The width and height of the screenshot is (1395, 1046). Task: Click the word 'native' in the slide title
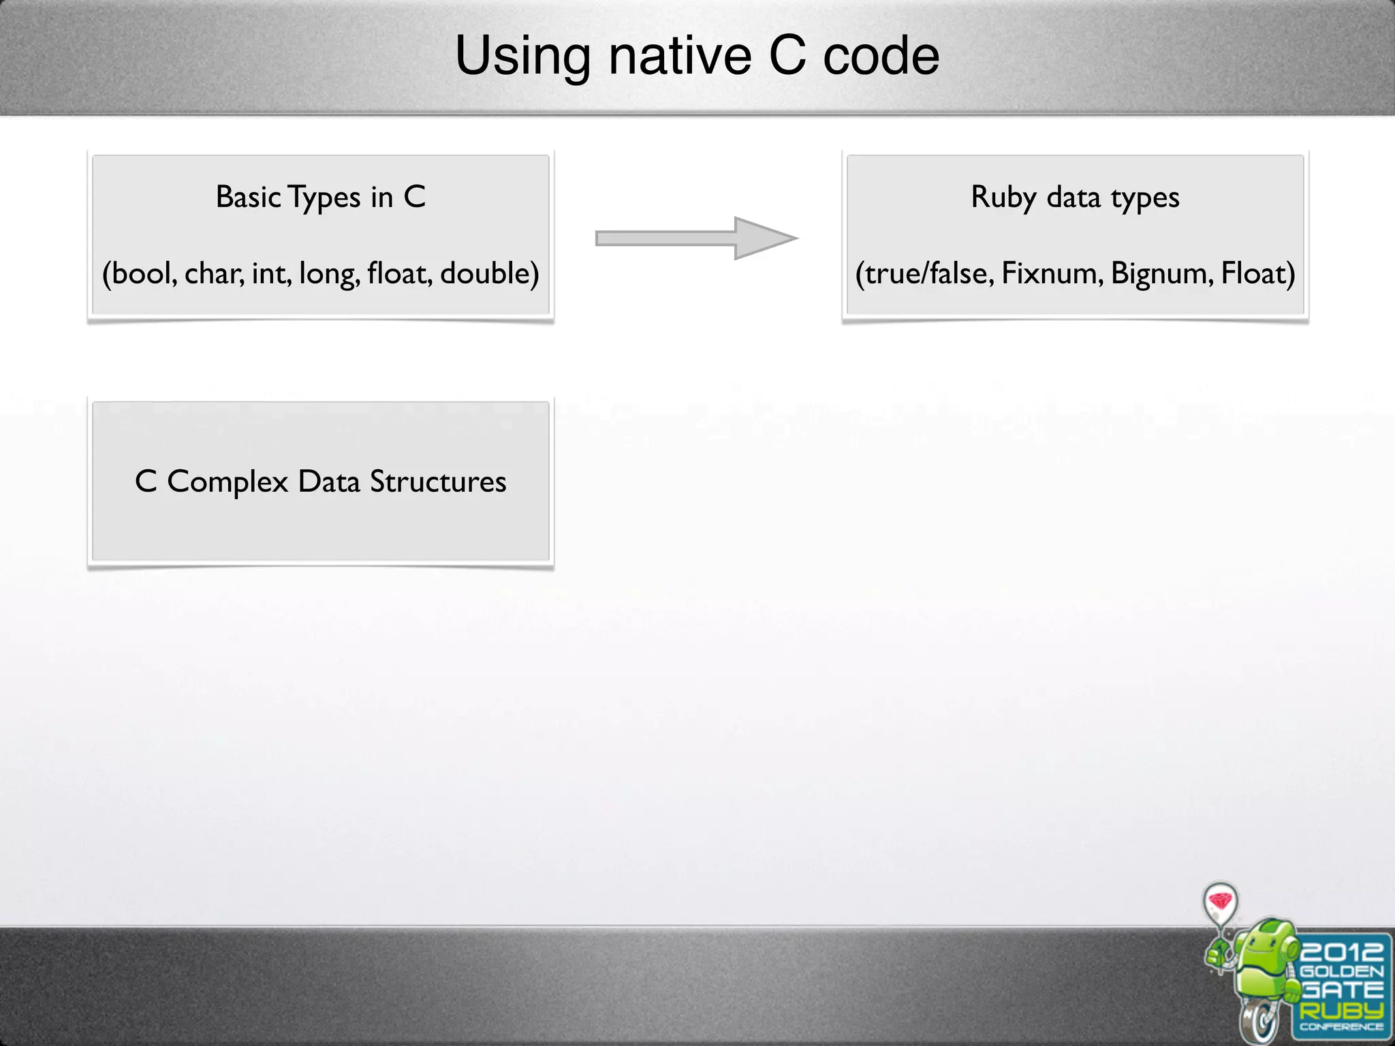point(680,56)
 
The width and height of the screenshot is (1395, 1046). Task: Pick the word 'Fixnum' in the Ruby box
point(1051,274)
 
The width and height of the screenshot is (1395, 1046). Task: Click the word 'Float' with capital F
point(1255,274)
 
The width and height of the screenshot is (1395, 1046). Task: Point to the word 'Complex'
point(228,482)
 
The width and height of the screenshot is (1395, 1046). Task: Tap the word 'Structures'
point(438,482)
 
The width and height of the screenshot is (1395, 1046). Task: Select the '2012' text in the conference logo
point(1342,951)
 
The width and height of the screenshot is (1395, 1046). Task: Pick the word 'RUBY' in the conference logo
point(1341,1009)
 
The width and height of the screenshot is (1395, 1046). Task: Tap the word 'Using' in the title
point(522,56)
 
